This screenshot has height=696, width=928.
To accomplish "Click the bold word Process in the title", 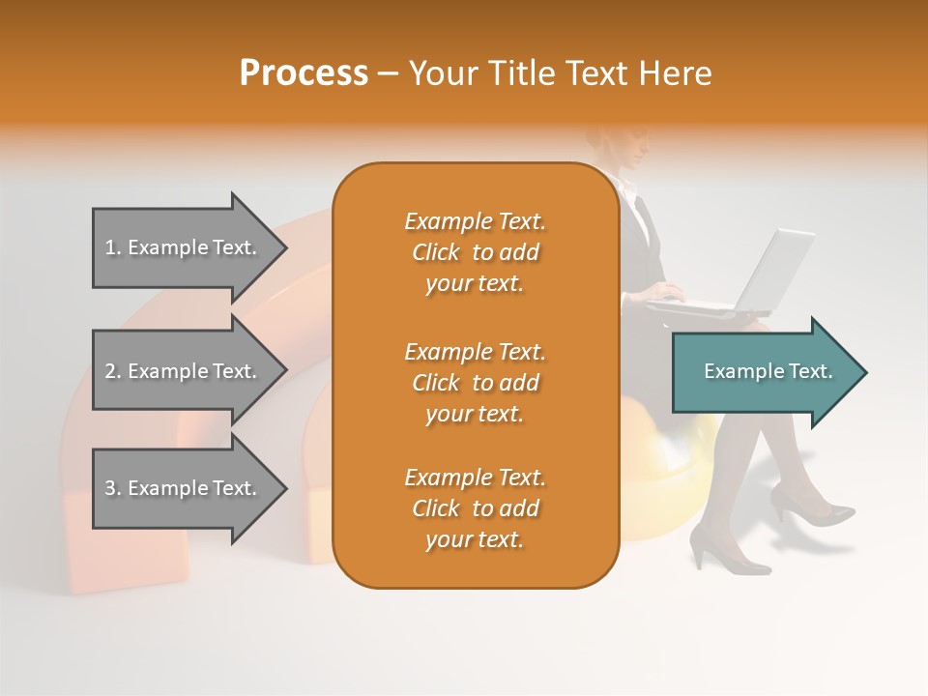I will pos(304,73).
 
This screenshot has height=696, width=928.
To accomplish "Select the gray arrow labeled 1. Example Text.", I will pos(184,247).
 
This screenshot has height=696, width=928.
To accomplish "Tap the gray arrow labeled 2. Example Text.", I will pos(184,371).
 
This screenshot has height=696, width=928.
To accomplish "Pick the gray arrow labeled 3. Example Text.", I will pos(184,488).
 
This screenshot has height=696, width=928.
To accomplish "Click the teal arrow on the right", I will pos(764,372).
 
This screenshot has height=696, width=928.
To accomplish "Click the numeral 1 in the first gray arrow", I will pos(110,247).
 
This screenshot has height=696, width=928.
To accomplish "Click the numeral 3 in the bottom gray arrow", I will pos(110,488).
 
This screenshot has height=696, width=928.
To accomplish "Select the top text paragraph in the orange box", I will pos(475,252).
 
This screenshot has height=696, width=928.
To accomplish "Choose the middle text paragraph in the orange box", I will pos(475,383).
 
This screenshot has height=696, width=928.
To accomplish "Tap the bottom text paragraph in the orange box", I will pos(475,508).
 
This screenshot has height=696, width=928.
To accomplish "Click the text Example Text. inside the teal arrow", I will pos(768,371).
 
